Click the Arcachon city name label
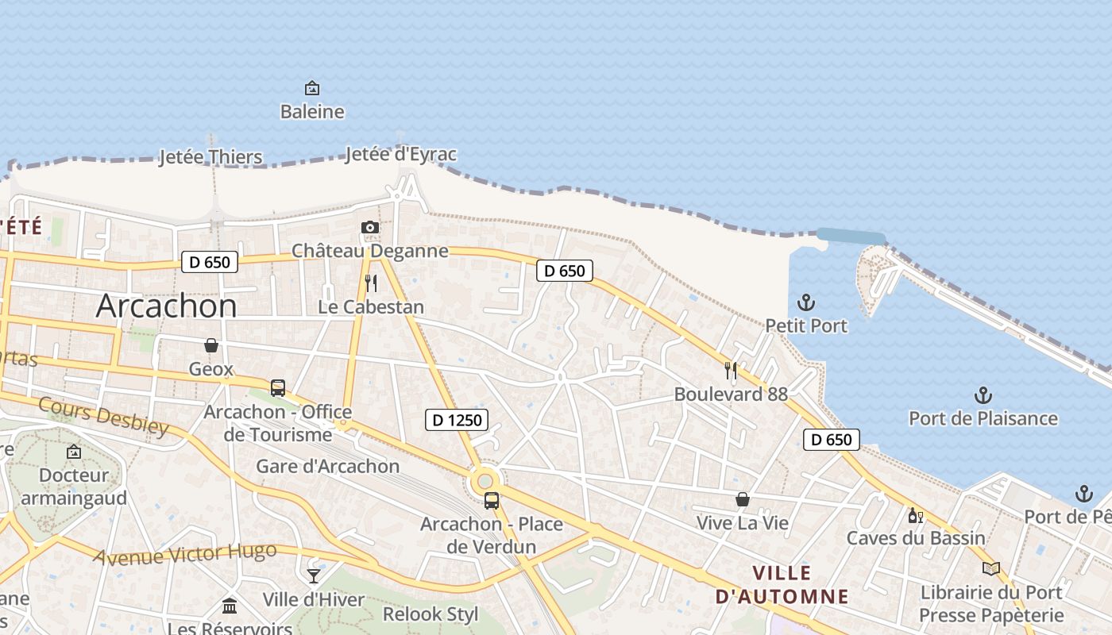click(166, 306)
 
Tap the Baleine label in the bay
click(312, 112)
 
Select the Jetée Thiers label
click(210, 157)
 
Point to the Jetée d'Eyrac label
click(401, 154)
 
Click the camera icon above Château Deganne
click(369, 228)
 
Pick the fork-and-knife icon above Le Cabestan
click(371, 283)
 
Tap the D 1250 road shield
click(456, 420)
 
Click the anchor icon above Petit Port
click(806, 302)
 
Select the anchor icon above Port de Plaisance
click(983, 395)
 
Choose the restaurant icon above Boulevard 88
click(731, 370)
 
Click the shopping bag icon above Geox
click(211, 345)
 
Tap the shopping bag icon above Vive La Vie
click(742, 499)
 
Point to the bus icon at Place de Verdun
click(492, 501)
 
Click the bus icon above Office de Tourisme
click(278, 388)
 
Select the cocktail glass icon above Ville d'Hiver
click(314, 575)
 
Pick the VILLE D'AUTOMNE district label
click(782, 584)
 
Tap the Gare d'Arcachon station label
click(327, 466)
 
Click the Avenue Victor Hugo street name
click(185, 553)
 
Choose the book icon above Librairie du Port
click(990, 568)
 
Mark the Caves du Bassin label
click(915, 538)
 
